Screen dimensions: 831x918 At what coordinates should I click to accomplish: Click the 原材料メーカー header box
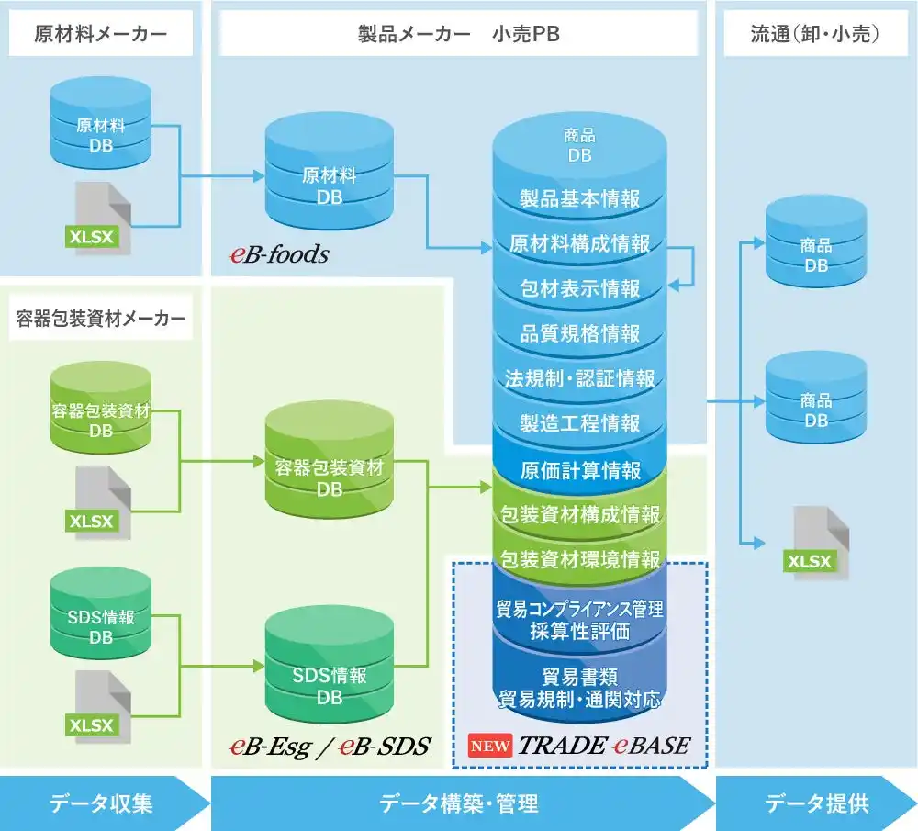pos(101,35)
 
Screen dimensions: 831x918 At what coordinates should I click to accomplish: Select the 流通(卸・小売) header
pos(816,35)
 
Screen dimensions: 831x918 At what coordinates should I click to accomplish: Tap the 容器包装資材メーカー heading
pos(101,319)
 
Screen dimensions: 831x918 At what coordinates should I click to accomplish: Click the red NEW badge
pos(491,745)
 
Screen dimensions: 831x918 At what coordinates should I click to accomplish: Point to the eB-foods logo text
pos(279,254)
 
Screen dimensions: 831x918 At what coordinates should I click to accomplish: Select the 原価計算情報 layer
pos(580,470)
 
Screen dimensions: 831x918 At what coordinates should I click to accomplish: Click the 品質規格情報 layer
pos(580,333)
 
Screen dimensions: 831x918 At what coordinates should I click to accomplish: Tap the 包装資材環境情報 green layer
pos(580,559)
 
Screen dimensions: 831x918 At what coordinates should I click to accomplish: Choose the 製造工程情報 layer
pos(580,423)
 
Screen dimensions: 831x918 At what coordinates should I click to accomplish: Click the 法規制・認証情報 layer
pos(580,378)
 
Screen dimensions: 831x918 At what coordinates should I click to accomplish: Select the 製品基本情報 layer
pos(580,198)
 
